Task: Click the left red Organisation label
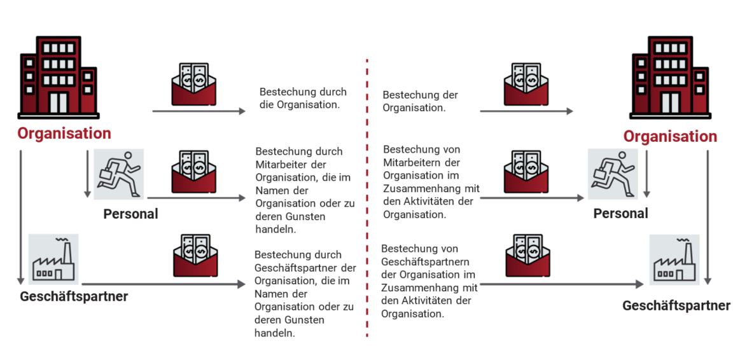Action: (64, 134)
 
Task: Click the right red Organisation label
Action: (670, 137)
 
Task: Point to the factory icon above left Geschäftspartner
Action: (53, 259)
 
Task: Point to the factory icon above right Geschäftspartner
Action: (674, 260)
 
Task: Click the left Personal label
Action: (130, 214)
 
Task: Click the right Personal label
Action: (620, 214)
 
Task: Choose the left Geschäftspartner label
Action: (74, 296)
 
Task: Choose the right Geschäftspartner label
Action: (676, 306)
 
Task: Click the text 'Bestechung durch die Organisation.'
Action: (299, 98)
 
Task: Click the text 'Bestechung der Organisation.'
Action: (420, 101)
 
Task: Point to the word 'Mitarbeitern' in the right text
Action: (413, 162)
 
